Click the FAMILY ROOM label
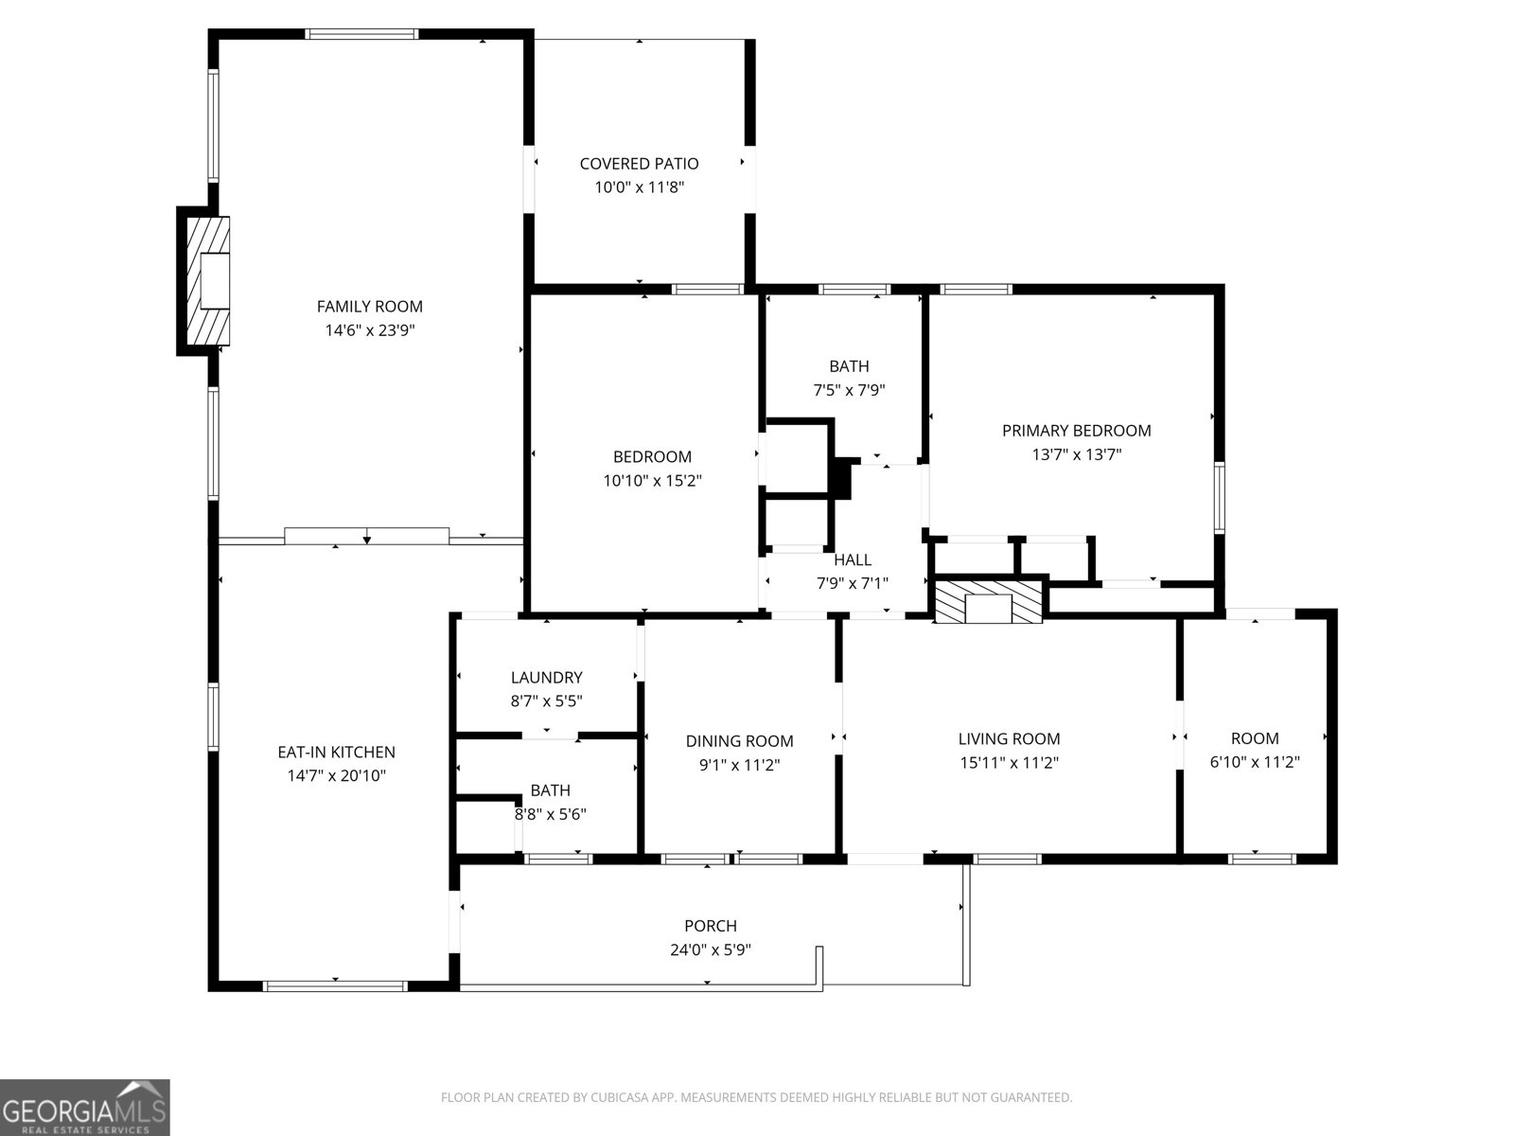(370, 306)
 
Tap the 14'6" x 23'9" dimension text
(370, 330)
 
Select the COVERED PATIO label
(639, 164)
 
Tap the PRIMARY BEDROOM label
(1076, 431)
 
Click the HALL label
(853, 559)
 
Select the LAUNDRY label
(546, 677)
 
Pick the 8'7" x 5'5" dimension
(546, 701)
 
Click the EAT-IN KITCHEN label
(336, 752)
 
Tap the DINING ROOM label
(739, 741)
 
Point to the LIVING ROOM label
(1009, 738)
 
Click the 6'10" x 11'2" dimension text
(1255, 762)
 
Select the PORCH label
(711, 926)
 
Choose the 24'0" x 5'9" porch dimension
(711, 950)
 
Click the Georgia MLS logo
(85, 1107)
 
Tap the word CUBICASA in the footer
(620, 1097)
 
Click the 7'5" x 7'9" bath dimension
(849, 390)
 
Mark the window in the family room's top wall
(362, 34)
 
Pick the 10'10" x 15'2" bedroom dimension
(653, 481)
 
